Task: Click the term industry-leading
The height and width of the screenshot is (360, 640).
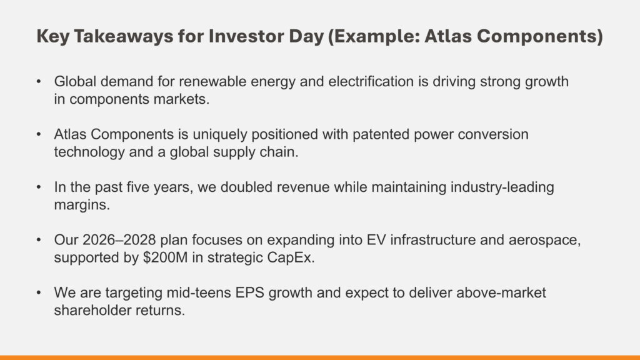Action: tap(502, 187)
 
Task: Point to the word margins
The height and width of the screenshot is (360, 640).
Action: tap(82, 205)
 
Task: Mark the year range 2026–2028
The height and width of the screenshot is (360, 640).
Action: tap(119, 239)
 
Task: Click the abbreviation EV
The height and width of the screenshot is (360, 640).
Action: tap(376, 239)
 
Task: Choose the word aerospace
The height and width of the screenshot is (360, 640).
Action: tap(544, 240)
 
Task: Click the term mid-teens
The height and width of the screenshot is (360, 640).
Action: tap(199, 292)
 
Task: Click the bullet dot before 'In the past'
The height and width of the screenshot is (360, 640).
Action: tap(39, 187)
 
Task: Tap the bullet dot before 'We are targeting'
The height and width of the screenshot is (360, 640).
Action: tap(39, 292)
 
